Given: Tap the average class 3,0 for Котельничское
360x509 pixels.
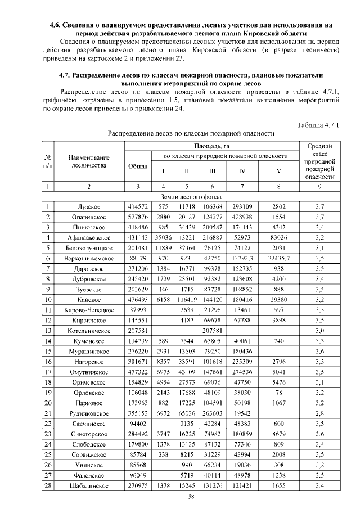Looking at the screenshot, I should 321,330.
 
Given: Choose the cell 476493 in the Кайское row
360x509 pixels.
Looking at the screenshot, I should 138,299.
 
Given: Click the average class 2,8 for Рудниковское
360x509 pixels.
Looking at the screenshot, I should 321,412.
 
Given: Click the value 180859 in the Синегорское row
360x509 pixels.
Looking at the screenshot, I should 242,433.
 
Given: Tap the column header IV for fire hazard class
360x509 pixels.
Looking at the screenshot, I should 242,172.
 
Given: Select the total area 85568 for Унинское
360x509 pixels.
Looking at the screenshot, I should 138,463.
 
